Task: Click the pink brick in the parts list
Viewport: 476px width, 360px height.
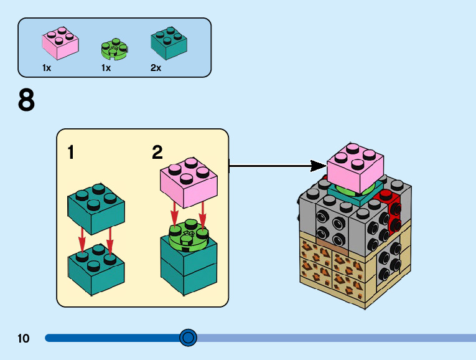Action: [x=60, y=42]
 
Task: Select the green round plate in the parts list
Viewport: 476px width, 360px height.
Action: [x=114, y=49]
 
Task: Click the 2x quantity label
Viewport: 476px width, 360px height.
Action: [x=156, y=68]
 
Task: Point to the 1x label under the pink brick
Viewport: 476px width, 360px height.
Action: [x=47, y=68]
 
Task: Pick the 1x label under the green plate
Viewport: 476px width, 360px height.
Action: [x=106, y=68]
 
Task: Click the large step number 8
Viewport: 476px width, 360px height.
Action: [x=26, y=100]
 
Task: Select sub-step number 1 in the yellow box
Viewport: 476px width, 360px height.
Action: [x=71, y=152]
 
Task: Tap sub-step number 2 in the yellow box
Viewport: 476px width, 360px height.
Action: [x=157, y=152]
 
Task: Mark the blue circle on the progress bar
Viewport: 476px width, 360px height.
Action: [x=187, y=338]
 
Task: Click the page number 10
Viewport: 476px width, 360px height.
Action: [x=24, y=338]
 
